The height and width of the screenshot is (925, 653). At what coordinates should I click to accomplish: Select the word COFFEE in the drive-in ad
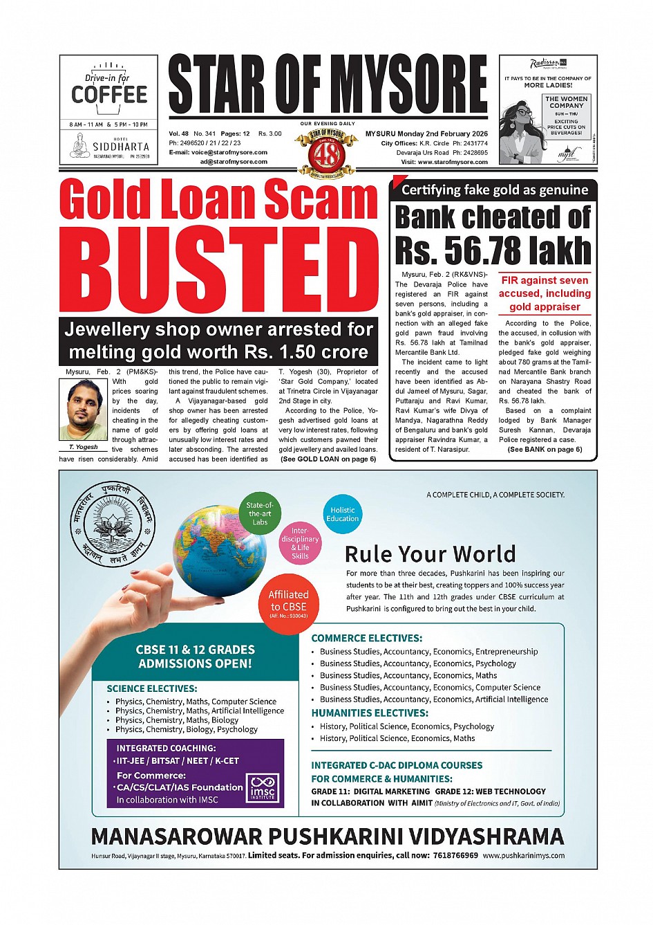109,95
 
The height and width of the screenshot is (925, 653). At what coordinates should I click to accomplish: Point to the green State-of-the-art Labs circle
259,513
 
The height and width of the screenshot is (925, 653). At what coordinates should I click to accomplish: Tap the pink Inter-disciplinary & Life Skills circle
300,543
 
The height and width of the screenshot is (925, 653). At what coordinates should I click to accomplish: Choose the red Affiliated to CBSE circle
289,603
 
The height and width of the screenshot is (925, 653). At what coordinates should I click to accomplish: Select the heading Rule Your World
430,554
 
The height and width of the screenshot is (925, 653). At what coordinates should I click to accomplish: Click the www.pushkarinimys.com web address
523,855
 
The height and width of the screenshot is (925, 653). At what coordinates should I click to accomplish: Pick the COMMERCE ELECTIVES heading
366,638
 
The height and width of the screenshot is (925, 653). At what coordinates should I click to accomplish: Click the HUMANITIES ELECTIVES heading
370,713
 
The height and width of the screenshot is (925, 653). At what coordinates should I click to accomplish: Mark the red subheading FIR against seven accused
545,293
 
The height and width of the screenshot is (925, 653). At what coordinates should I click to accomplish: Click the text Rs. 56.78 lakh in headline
493,250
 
